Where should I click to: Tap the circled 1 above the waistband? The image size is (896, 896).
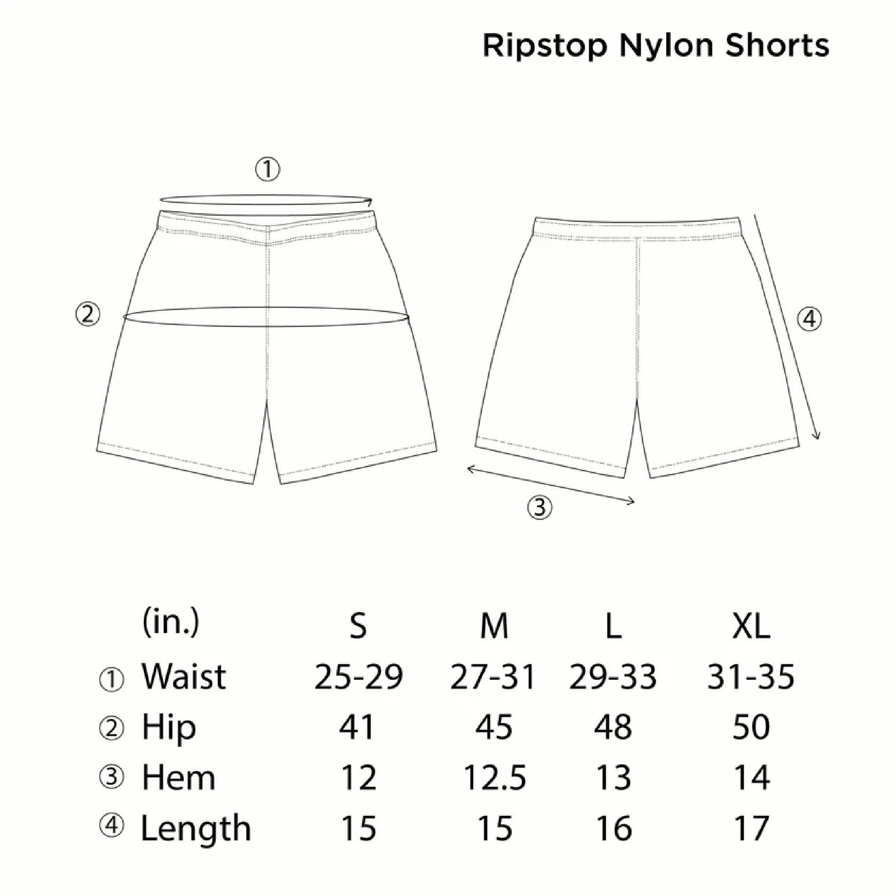click(267, 170)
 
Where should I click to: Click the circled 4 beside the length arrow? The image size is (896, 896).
click(809, 319)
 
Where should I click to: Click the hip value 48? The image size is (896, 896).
click(613, 727)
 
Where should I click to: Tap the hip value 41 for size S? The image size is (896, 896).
click(357, 727)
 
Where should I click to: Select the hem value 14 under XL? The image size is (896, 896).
click(752, 777)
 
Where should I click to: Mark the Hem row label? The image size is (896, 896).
click(179, 777)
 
